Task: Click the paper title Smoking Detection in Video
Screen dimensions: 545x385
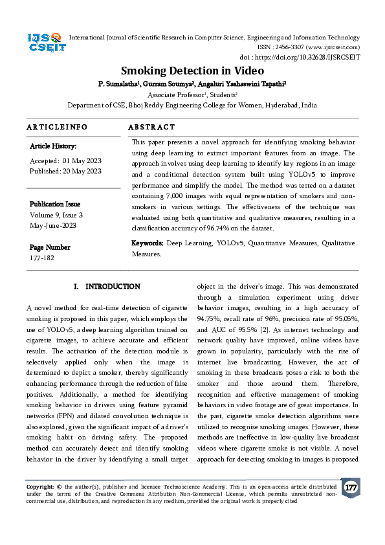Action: point(192,71)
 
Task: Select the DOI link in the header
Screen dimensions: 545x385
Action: point(317,57)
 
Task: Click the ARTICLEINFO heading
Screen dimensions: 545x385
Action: point(57,128)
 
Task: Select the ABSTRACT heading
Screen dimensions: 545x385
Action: point(151,128)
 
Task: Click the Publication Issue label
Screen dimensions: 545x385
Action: point(55,204)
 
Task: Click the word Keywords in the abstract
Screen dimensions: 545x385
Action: point(148,243)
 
